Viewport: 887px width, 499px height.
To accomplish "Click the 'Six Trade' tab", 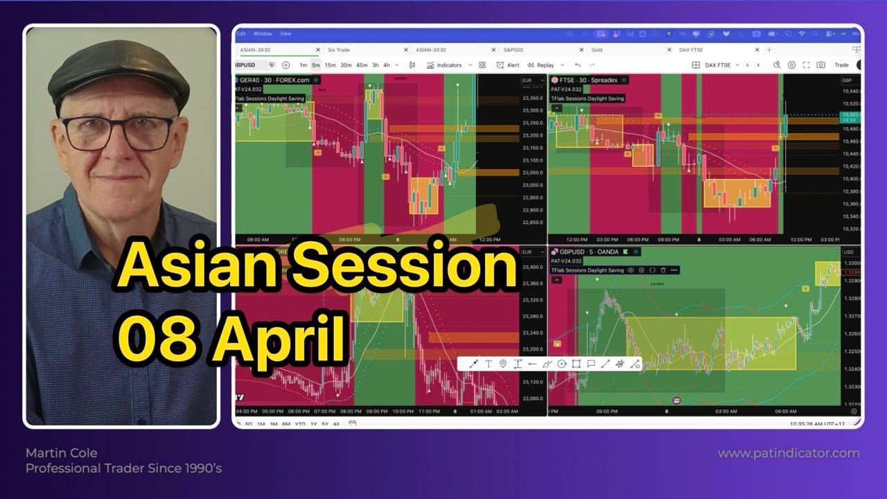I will click(x=339, y=50).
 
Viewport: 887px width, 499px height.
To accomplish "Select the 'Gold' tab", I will click(x=597, y=50).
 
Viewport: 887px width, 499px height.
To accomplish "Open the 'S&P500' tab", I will click(x=513, y=50).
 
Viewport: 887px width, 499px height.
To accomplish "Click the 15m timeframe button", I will click(x=330, y=65).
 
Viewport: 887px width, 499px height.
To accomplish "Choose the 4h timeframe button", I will click(x=387, y=65).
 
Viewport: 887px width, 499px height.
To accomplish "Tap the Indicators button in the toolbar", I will click(x=443, y=65).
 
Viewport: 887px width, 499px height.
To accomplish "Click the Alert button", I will click(x=508, y=65).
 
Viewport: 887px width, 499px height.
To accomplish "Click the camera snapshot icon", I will click(x=820, y=65).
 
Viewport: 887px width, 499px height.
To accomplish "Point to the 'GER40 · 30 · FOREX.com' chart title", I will click(x=274, y=80).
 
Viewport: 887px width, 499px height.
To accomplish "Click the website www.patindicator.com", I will click(x=788, y=453).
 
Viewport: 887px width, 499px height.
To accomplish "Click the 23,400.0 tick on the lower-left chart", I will click(x=532, y=268).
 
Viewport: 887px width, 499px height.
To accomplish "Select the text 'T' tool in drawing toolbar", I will click(x=489, y=364).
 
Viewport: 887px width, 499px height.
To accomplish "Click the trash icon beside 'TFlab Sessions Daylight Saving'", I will click(x=663, y=270).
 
